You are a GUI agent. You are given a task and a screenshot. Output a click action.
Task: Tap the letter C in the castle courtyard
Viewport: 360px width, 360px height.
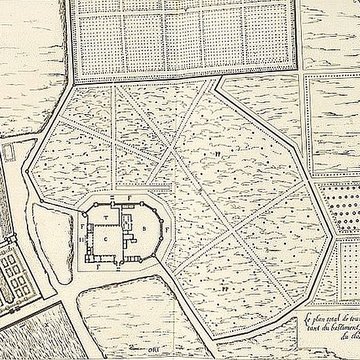(x=106, y=240)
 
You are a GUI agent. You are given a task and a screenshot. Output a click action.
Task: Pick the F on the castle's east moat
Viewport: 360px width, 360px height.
(x=168, y=229)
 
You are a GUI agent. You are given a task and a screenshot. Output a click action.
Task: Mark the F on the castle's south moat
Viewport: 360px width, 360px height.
(x=99, y=268)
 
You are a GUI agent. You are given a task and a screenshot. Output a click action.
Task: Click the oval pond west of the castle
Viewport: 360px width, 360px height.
(x=49, y=239)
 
